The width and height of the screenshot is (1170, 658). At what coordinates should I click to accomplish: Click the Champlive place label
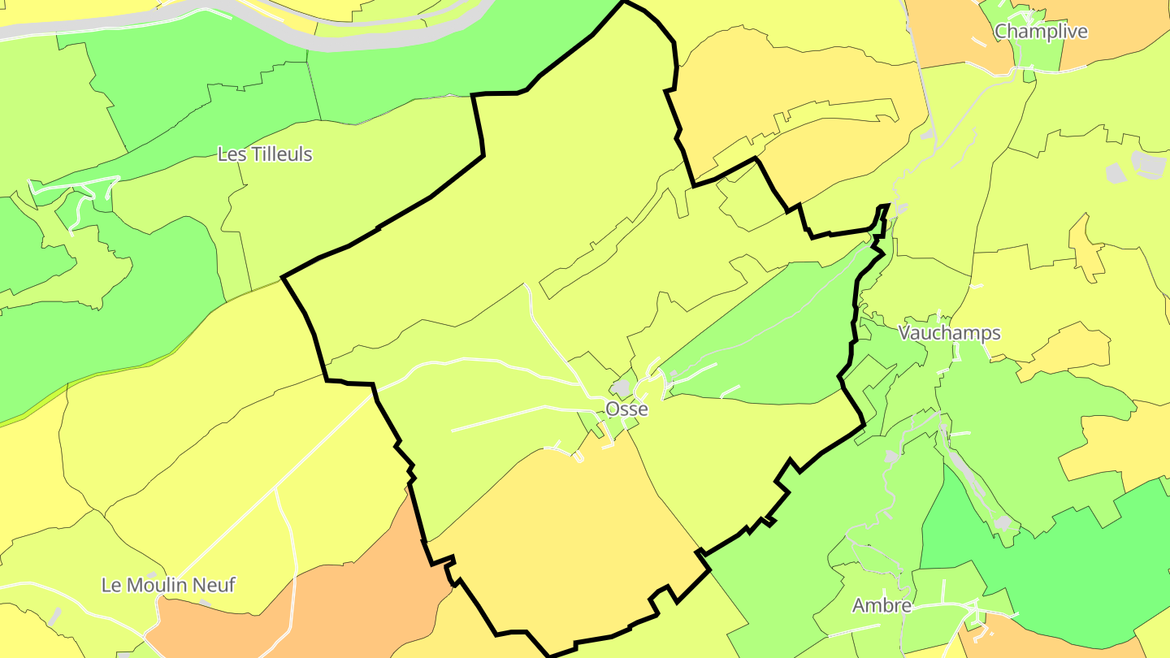(1041, 32)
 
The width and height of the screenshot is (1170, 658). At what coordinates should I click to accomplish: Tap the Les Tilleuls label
(265, 154)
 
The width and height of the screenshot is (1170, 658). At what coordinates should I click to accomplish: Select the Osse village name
(627, 409)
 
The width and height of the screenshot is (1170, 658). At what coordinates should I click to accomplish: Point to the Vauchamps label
(949, 333)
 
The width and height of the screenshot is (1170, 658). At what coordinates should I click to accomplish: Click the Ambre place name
(882, 606)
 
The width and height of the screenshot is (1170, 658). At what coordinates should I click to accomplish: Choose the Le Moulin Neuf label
(168, 585)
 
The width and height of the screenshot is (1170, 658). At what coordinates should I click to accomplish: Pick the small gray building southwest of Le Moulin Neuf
(55, 617)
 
